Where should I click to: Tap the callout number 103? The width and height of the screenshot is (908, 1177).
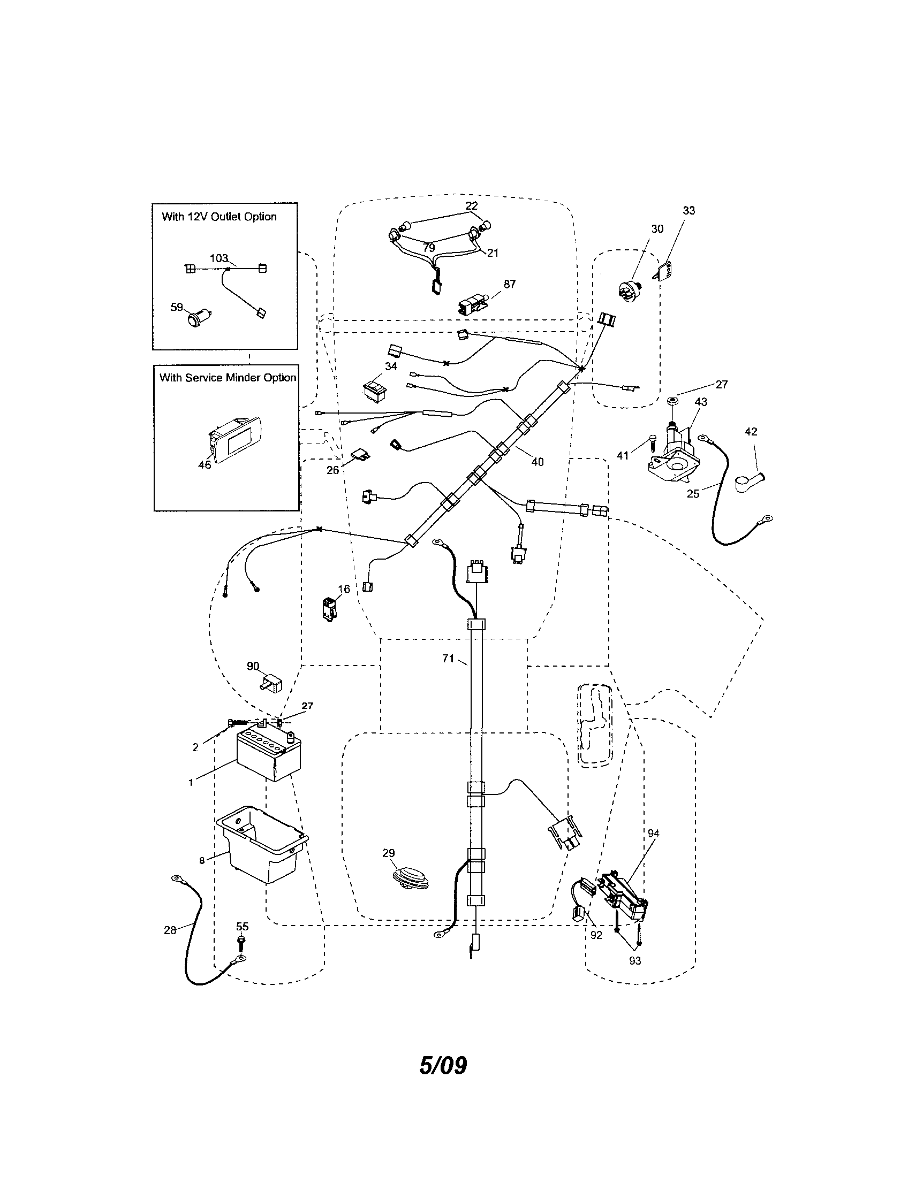coord(219,259)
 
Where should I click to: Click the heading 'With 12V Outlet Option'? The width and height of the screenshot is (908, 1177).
coord(220,217)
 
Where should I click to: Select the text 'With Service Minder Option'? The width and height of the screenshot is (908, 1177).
coord(228,378)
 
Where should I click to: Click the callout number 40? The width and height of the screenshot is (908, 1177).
coord(537,462)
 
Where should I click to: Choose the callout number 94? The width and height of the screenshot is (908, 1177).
coord(654,834)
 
